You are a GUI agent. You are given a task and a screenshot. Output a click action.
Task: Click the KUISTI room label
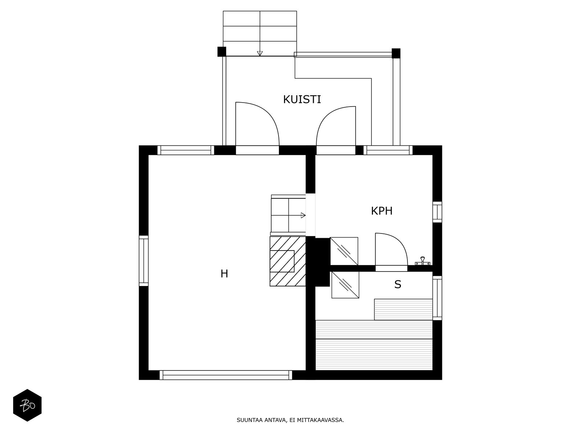coord(302,99)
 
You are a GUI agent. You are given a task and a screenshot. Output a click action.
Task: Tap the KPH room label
coord(382,211)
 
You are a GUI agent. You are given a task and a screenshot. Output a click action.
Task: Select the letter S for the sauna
coord(398,285)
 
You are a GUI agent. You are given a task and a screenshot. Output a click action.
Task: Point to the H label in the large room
coord(224,274)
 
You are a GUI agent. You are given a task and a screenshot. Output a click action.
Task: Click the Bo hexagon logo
coord(27,405)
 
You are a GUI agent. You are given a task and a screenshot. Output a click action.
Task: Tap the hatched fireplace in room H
coord(288,261)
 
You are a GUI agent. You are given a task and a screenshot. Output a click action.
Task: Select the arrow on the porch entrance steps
coord(260,53)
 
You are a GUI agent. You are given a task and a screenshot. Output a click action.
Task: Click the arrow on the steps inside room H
coord(302,216)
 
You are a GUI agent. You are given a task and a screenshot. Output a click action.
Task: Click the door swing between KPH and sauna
coord(390,250)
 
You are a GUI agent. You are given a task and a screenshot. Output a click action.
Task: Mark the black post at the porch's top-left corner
coord(222,52)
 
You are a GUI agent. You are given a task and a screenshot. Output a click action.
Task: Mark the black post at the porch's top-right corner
coord(396,53)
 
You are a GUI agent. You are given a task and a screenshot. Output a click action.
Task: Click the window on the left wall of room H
coord(144,261)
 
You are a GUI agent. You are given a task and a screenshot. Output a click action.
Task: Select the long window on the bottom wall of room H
coord(226,375)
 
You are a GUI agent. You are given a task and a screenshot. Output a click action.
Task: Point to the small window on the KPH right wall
coord(437,212)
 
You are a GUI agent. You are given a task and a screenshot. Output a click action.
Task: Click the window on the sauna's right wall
coord(437,298)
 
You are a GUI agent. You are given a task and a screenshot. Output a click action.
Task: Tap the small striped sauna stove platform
coord(403,309)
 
